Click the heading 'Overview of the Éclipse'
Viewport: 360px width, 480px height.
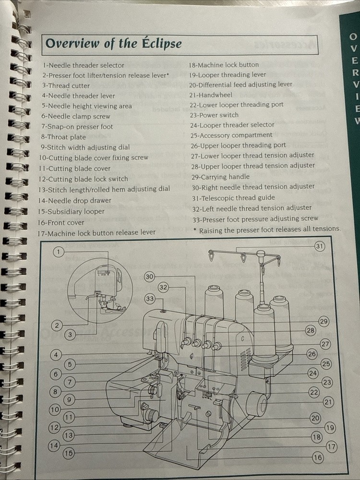(x=113, y=44)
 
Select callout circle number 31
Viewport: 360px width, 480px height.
(x=320, y=246)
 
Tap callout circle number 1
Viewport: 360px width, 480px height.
(x=59, y=252)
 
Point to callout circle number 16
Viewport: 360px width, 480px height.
(x=318, y=457)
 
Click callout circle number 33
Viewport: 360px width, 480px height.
(x=151, y=299)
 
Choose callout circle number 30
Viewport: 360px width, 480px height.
(x=150, y=277)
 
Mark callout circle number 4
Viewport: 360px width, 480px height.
(x=56, y=355)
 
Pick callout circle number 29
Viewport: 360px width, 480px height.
(x=324, y=322)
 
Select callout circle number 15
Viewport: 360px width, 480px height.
(x=69, y=453)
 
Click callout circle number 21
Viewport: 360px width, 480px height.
(x=328, y=402)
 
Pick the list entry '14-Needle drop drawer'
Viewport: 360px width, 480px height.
(x=75, y=201)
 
